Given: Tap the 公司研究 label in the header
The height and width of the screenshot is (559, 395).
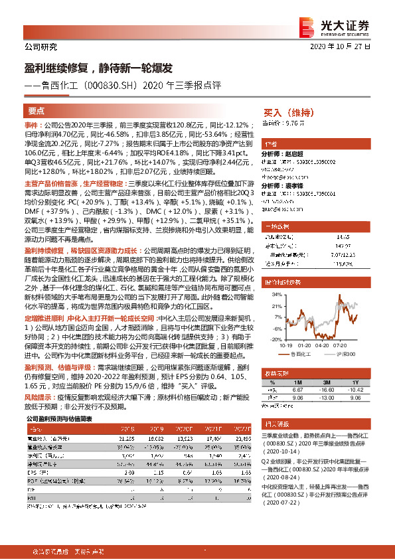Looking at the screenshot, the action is coord(40,47).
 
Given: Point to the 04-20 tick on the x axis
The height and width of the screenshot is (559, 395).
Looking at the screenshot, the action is coord(323,345).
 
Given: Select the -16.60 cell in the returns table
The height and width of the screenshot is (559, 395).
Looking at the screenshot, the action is coord(325,372).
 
